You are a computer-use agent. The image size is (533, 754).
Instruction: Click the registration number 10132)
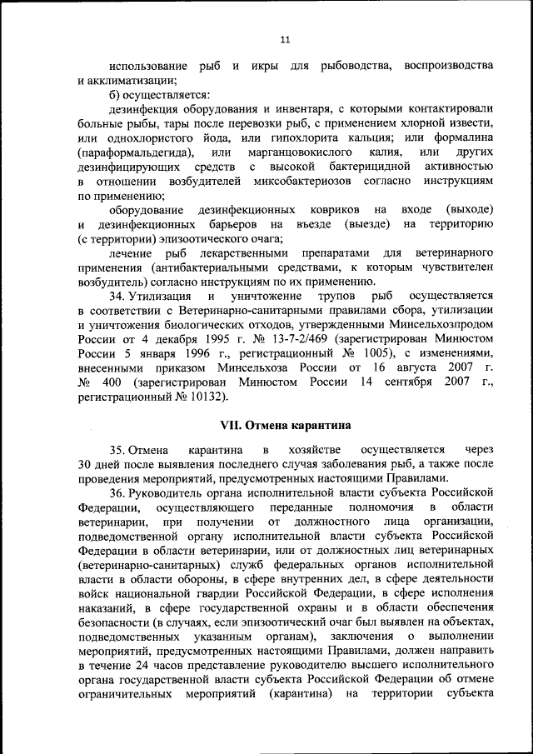pos(206,397)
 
